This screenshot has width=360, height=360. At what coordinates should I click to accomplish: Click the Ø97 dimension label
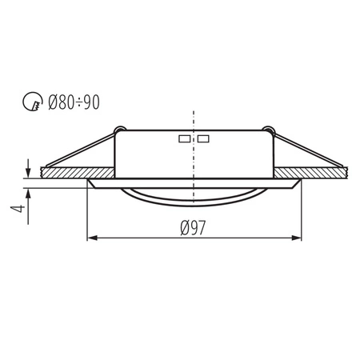point(193,228)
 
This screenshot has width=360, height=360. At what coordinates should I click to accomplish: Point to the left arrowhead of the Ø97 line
point(90,238)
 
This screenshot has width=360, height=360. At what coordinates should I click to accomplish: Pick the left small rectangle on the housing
point(185,139)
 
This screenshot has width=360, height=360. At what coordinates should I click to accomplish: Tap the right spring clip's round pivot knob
point(268,130)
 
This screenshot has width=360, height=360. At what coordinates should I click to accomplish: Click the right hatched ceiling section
point(316,172)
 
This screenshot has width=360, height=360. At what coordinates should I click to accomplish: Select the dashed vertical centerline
point(194,120)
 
